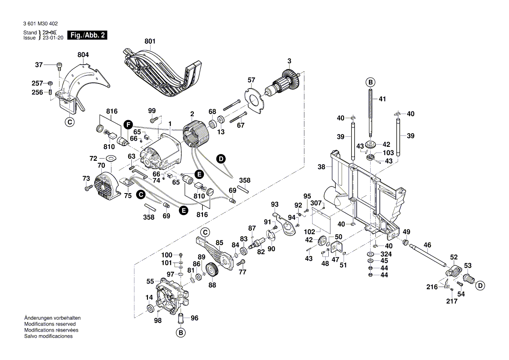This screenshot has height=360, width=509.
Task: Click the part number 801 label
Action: pos(150,42)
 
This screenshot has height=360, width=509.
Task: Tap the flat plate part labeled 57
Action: pos(253,98)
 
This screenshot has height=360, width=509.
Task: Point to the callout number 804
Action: pos(83,55)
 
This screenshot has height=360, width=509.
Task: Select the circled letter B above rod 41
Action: pos(370,82)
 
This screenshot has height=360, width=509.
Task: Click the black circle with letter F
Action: pos(127,124)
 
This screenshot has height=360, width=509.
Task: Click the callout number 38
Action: pos(322,166)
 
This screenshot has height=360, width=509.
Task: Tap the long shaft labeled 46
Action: pos(432,255)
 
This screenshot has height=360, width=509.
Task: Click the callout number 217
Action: pos(452,301)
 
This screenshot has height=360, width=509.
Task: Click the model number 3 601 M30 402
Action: pos(39,24)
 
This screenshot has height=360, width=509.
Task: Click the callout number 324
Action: pos(386,254)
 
